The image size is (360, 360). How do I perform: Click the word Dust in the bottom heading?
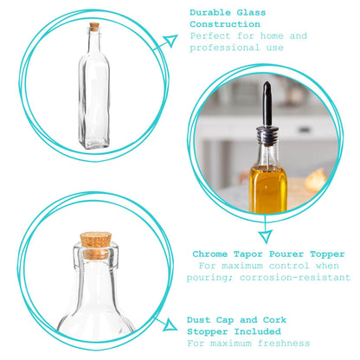(201, 319)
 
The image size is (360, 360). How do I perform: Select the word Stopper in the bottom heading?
(210, 331)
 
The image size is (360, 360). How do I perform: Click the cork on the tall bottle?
(93, 26)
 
